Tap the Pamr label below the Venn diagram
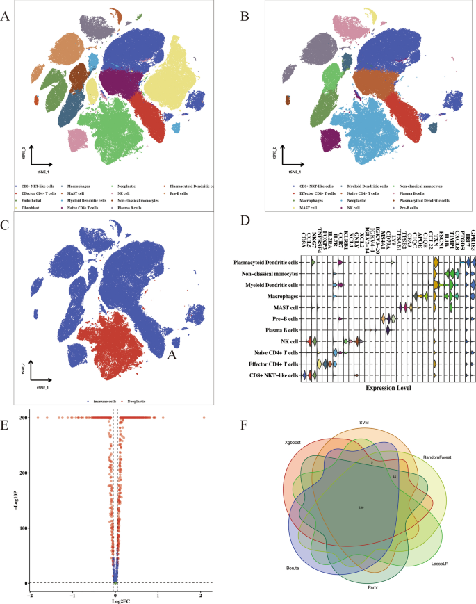[373, 587]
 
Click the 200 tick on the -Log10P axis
[22, 473]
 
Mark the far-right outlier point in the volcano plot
[204, 418]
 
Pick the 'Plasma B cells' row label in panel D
[280, 330]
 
